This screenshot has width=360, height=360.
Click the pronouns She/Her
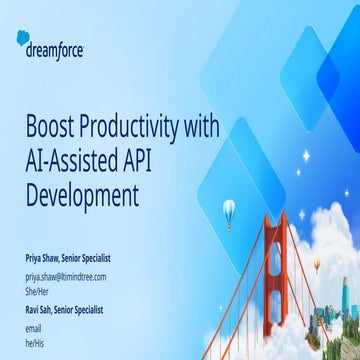(x=38, y=290)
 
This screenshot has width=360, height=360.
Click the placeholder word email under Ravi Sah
(x=34, y=327)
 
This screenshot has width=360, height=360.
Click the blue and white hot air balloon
(x=229, y=208)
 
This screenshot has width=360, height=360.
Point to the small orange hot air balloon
(x=318, y=264)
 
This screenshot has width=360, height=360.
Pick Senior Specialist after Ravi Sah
(x=90, y=310)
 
